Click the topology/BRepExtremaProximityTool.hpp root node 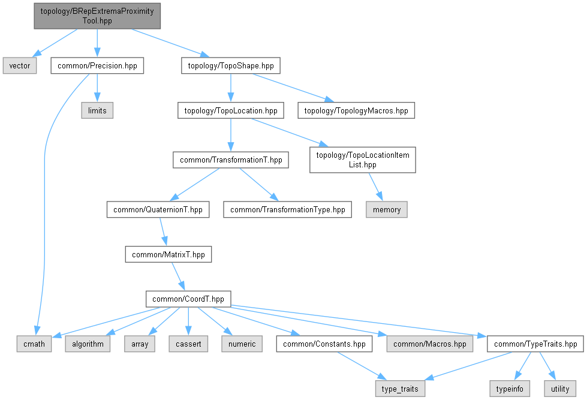coord(97,15)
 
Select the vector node coord(20,66)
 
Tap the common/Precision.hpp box coord(97,66)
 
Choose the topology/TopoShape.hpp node coord(231,66)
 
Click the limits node coord(97,111)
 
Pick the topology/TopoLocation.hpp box coord(231,111)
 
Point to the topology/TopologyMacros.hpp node coord(356,111)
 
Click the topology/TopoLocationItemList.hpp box coord(362,160)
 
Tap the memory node coord(387,210)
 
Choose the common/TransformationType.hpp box coord(288,210)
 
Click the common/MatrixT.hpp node coord(168,254)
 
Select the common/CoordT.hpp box coord(188,299)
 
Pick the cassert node coord(188,344)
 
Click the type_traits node coord(401,389)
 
